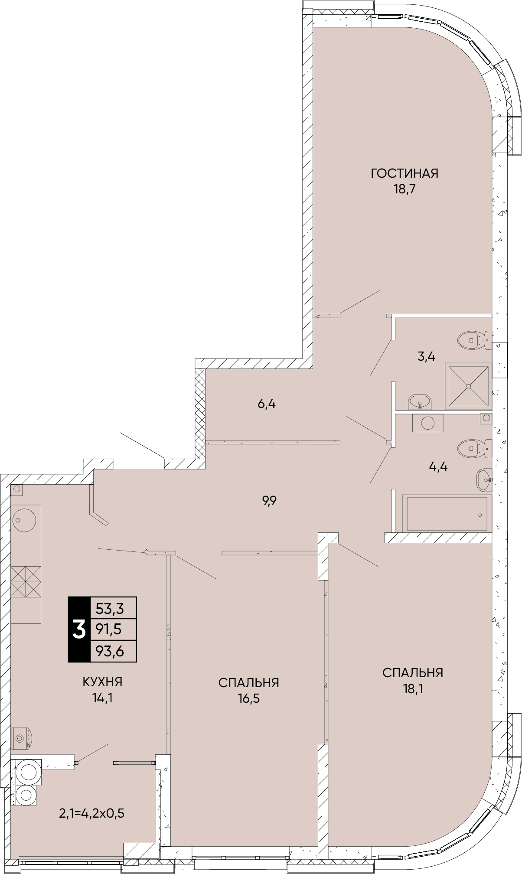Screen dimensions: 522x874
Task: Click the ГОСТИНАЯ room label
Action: [405, 173]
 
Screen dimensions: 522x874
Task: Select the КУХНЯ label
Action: [102, 682]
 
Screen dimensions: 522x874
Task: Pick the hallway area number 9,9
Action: [269, 501]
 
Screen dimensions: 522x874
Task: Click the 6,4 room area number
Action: [267, 404]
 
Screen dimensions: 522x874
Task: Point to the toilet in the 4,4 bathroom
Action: [474, 448]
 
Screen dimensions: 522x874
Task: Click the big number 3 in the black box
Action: [79, 629]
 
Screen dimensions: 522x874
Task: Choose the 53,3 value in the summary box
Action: [110, 609]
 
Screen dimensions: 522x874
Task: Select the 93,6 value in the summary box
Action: [110, 651]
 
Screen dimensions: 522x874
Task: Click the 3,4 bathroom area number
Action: [426, 357]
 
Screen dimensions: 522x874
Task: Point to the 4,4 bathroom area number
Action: [438, 467]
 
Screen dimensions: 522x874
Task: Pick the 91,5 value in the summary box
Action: [110, 630]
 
